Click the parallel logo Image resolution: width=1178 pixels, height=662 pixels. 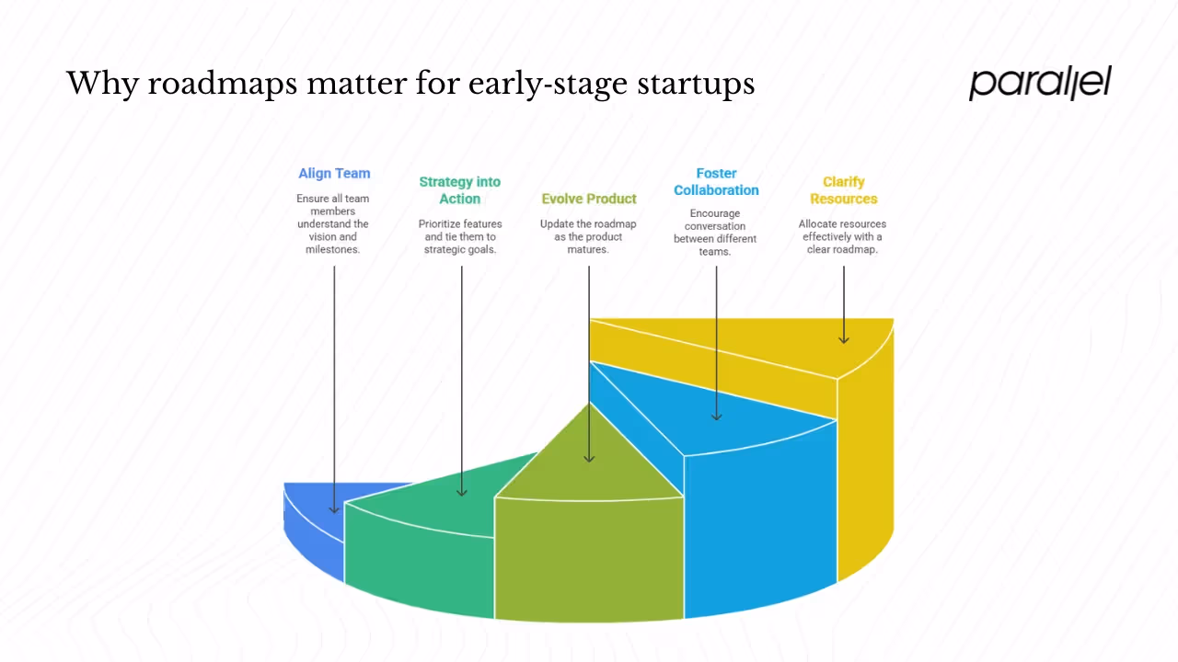tap(1040, 83)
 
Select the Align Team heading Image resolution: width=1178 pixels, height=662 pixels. tap(334, 173)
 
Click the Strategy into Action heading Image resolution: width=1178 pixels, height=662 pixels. tap(460, 190)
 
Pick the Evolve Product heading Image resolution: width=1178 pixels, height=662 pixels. tap(589, 199)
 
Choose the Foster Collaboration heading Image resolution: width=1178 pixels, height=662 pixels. tap(716, 182)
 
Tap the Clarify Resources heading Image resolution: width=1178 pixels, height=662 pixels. tap(843, 190)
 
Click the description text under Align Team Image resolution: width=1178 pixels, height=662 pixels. tap(333, 223)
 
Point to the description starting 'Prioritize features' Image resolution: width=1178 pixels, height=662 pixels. tap(460, 236)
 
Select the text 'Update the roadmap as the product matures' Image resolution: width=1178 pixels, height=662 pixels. tap(589, 236)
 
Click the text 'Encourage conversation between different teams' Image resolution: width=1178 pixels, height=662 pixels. tap(715, 233)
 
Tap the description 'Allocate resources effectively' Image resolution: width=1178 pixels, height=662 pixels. tap(842, 236)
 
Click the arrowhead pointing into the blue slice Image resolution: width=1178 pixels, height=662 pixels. tap(334, 508)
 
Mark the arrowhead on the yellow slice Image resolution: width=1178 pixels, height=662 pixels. tap(844, 339)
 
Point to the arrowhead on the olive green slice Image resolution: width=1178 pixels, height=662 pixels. tap(589, 457)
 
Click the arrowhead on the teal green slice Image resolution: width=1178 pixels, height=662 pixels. tap(462, 492)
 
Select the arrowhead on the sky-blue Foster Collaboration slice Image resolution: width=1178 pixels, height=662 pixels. tap(716, 416)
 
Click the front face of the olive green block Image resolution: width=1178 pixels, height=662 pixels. tap(589, 556)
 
